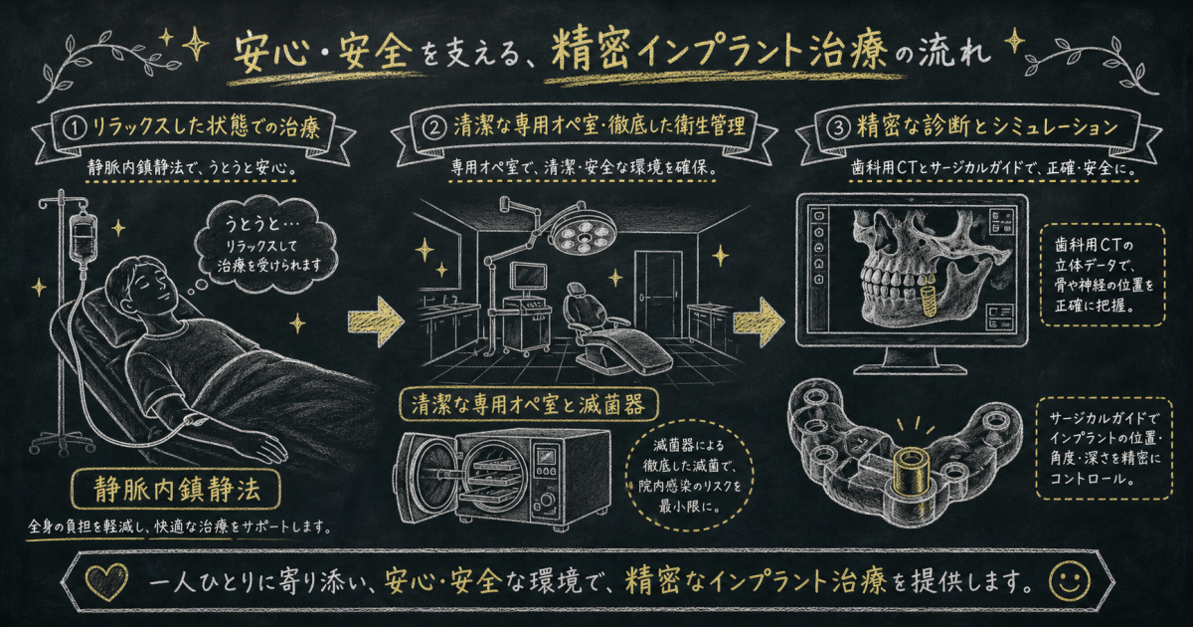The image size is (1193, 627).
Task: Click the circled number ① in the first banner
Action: point(76,128)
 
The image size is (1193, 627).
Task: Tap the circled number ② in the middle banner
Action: point(434,128)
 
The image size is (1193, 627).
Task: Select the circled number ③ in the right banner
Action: point(838,128)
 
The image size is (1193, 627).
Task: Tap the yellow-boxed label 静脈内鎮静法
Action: point(176,490)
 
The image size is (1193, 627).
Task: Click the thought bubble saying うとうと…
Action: point(265,247)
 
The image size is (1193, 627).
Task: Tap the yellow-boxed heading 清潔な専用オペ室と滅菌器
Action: point(529,406)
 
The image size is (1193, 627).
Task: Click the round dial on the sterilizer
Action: point(547,500)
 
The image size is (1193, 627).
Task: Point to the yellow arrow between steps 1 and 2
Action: point(376,321)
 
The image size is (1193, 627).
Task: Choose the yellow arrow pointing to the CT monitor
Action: point(759,322)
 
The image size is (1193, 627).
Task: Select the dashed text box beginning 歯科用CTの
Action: point(1103,275)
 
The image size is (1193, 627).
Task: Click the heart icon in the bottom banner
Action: point(107,581)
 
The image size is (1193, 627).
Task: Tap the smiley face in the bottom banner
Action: point(1069,581)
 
